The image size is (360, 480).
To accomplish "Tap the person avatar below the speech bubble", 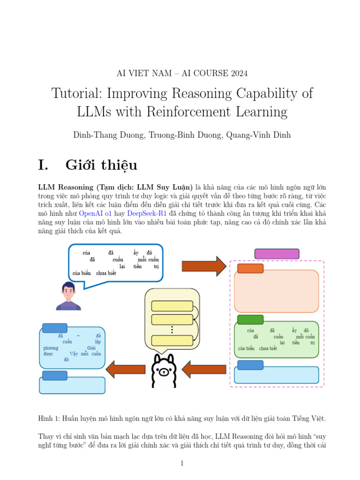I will (x=68, y=296).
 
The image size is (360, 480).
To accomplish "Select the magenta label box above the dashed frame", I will (x=277, y=254).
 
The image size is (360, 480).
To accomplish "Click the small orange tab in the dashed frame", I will (x=250, y=269).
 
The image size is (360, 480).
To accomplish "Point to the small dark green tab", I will (x=250, y=320).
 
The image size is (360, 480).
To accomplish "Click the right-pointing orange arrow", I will (x=204, y=266).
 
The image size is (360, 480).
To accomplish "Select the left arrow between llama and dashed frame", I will (x=197, y=369).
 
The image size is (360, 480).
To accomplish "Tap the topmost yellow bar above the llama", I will (x=172, y=306).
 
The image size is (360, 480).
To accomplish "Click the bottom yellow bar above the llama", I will (x=172, y=341).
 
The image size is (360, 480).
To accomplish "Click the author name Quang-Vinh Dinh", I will (x=258, y=135).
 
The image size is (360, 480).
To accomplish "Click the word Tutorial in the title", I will (x=75, y=93).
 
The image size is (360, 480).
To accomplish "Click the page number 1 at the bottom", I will (x=182, y=464).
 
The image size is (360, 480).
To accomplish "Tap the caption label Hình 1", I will (x=48, y=418).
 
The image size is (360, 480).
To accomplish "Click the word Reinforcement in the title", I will (x=214, y=112).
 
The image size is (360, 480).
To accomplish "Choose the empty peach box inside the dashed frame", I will (x=277, y=291).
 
